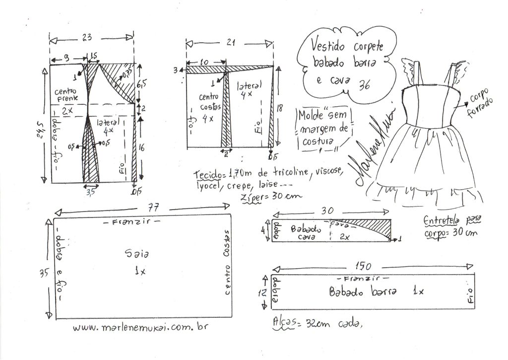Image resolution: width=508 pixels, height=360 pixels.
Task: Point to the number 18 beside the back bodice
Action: (x=280, y=107)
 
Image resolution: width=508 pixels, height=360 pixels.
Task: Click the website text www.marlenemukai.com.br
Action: (x=139, y=328)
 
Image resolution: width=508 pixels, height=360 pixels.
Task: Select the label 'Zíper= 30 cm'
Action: (x=271, y=196)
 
